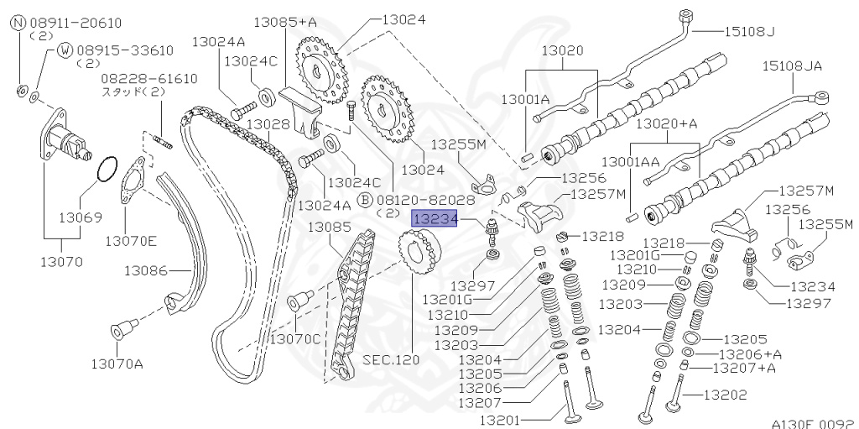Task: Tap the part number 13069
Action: click(81, 217)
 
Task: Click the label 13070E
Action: click(130, 241)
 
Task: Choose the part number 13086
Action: click(147, 270)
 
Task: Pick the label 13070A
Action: click(117, 363)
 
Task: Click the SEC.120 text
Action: click(390, 359)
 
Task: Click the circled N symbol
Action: click(18, 23)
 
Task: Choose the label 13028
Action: click(268, 124)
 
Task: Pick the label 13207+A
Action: click(743, 368)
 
